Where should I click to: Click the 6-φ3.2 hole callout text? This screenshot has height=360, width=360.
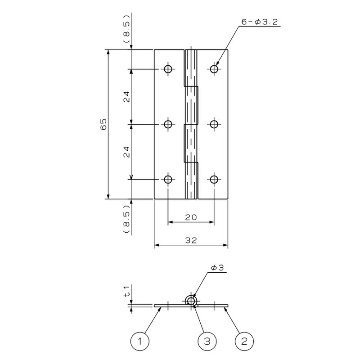pos(260,22)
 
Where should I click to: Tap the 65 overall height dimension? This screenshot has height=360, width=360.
pos(104,124)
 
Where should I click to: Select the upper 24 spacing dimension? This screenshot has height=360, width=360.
pos(127,97)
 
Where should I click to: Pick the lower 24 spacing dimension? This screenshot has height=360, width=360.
pos(127,152)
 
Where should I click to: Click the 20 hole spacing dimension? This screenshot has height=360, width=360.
pos(191,217)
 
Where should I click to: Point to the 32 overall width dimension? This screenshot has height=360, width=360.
pos(191,240)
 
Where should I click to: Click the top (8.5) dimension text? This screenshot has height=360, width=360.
pos(127,28)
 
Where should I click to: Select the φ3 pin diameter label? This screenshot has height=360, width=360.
pos(217,268)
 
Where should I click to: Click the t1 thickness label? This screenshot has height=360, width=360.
pos(127,291)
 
